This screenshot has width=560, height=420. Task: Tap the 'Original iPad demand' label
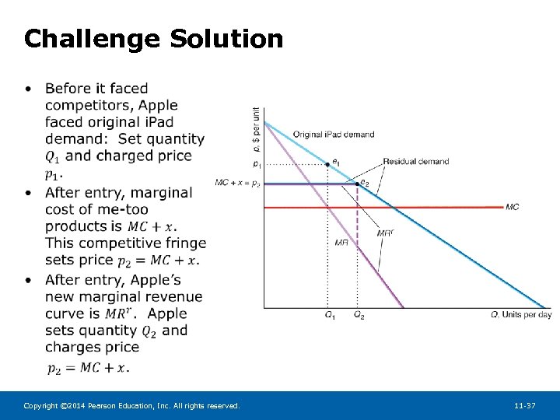(x=333, y=135)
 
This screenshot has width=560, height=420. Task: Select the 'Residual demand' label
(x=415, y=162)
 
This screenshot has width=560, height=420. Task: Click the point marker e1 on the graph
(x=327, y=164)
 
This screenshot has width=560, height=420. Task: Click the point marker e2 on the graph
(x=357, y=184)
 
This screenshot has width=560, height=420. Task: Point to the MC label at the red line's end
(x=512, y=207)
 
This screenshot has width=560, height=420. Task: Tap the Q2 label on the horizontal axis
(x=359, y=315)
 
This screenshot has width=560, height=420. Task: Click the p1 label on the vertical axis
(x=257, y=164)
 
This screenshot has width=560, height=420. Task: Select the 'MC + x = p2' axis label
(x=238, y=183)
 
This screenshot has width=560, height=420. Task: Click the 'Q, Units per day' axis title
(x=521, y=315)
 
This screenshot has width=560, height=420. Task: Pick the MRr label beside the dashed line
(x=384, y=233)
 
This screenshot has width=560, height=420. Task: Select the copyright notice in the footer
(x=131, y=406)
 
